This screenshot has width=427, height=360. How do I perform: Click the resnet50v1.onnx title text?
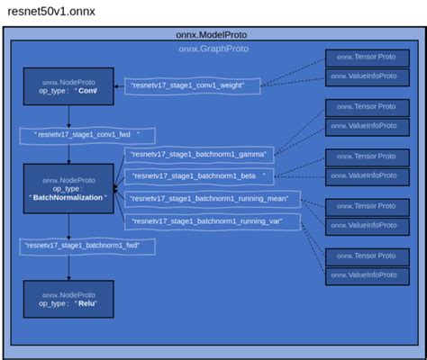click(50, 12)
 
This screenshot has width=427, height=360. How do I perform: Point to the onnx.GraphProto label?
click(213, 49)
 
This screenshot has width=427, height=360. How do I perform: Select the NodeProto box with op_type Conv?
click(68, 85)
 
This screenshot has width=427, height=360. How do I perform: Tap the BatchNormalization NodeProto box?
click(68, 188)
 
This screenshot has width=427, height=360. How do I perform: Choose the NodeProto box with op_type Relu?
click(68, 299)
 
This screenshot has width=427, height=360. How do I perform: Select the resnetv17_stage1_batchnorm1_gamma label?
click(199, 155)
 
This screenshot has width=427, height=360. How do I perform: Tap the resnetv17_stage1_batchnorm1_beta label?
click(199, 175)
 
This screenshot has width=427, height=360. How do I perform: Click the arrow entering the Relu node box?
click(68, 267)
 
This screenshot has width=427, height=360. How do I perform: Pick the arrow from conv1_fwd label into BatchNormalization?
click(68, 155)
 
